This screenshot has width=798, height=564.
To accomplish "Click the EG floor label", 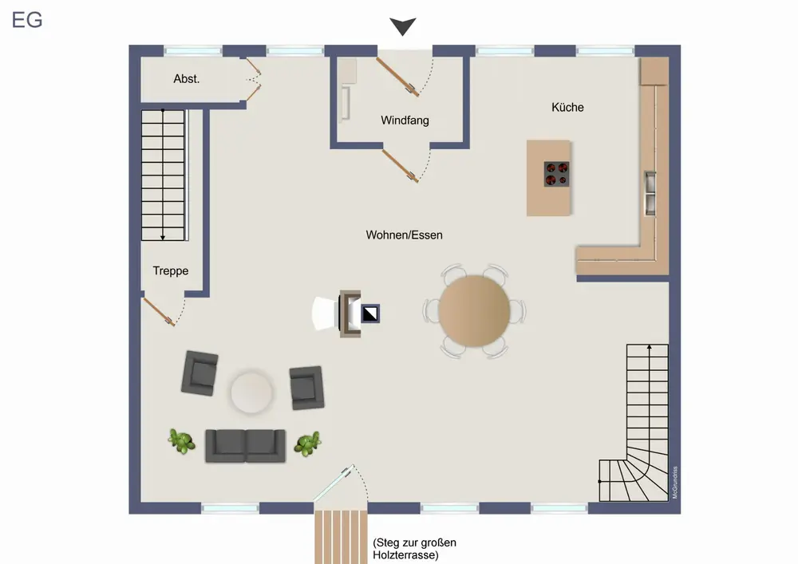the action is pyautogui.click(x=27, y=20).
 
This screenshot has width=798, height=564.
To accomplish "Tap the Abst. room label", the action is pyautogui.click(x=186, y=79).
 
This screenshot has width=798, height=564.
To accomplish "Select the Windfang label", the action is pyautogui.click(x=405, y=120).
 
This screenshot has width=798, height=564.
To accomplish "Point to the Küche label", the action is pyautogui.click(x=567, y=108).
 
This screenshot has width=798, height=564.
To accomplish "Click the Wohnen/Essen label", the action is pyautogui.click(x=404, y=235).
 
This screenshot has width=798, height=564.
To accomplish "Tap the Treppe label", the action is pyautogui.click(x=171, y=270).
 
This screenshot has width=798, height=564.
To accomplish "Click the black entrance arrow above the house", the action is pyautogui.click(x=403, y=26).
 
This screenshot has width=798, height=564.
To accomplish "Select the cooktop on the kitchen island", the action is pyautogui.click(x=556, y=174).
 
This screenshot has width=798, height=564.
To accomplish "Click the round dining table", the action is pyautogui.click(x=474, y=311).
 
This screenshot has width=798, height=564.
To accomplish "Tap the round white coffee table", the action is pyautogui.click(x=251, y=392).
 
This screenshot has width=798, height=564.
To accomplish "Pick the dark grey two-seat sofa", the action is pyautogui.click(x=245, y=445).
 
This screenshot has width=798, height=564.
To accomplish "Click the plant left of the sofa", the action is pyautogui.click(x=182, y=441).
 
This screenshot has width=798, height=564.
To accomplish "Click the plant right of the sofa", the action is pyautogui.click(x=307, y=444).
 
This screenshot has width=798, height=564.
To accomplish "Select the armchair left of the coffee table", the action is pyautogui.click(x=199, y=373).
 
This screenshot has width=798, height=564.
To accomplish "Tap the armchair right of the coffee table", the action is pyautogui.click(x=307, y=388).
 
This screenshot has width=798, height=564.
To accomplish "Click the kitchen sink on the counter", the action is pyautogui.click(x=650, y=193).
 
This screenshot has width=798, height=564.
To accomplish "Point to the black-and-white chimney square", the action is pyautogui.click(x=370, y=314).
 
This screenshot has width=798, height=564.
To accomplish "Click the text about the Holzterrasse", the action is pyautogui.click(x=414, y=549).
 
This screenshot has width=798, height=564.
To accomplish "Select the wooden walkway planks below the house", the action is pyautogui.click(x=341, y=537).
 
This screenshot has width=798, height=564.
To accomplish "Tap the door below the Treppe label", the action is pyautogui.click(x=159, y=312).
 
